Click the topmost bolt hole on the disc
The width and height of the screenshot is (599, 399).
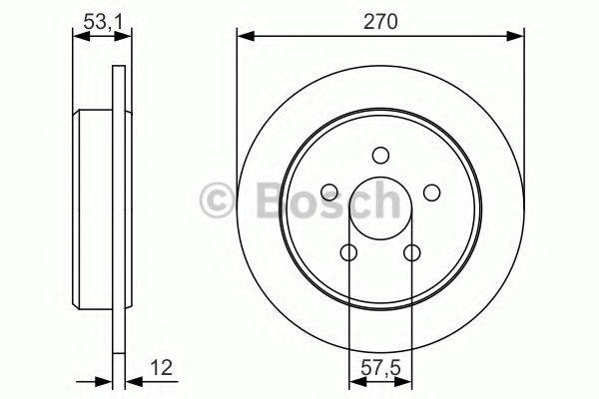[x=380, y=156]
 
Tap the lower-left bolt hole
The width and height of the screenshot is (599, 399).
[x=347, y=253]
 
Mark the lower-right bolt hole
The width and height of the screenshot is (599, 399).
[x=412, y=253]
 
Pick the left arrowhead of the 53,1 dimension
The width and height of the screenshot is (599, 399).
[x=80, y=37]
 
